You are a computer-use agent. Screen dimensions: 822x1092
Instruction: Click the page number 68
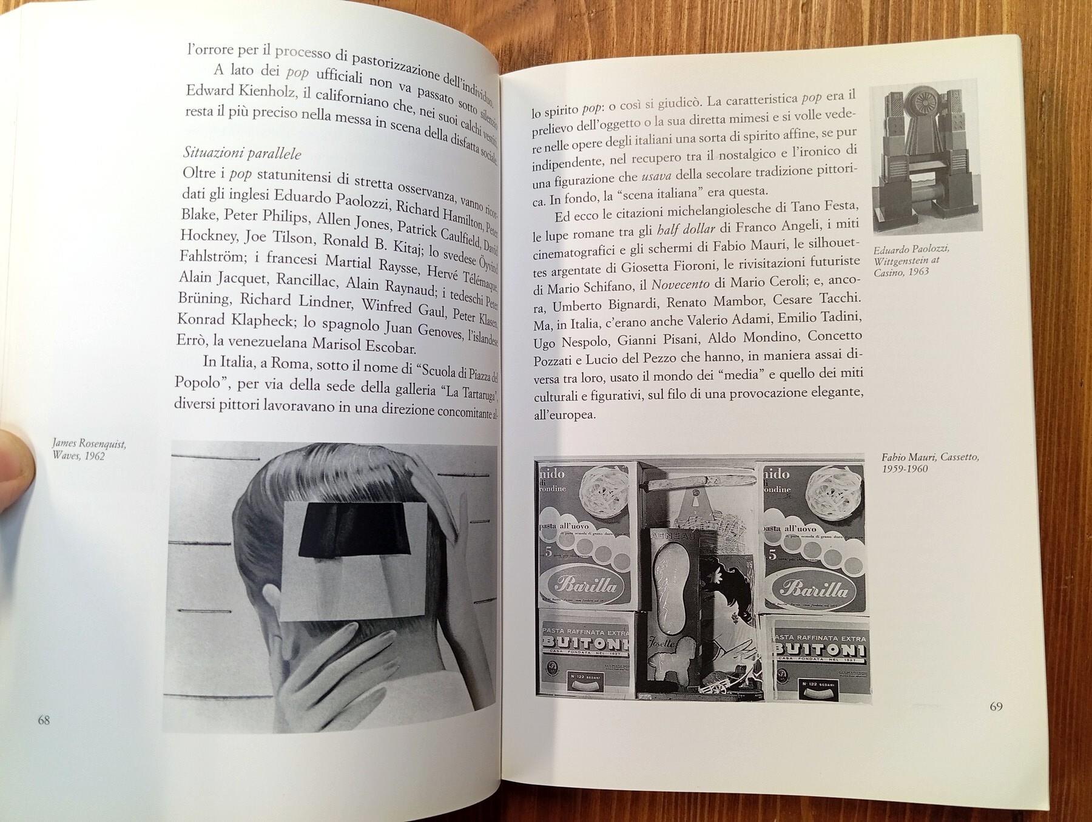tap(44, 720)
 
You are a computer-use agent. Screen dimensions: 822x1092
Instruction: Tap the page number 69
tap(996, 706)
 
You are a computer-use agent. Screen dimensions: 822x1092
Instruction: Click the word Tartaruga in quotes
tap(468, 392)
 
